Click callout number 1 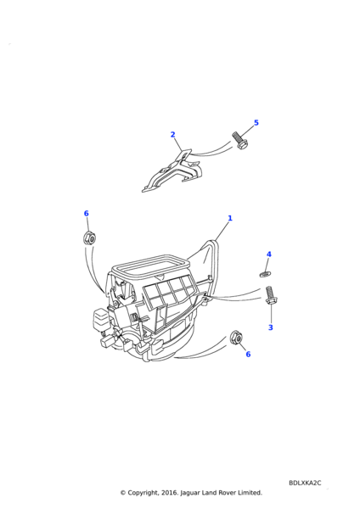click(230, 218)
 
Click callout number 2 click(173, 134)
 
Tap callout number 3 click(271, 327)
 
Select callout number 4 click(268, 255)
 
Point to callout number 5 click(256, 123)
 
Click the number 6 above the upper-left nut click(86, 213)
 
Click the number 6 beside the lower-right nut click(248, 354)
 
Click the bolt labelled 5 click(239, 141)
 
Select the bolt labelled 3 click(270, 295)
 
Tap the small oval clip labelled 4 click(265, 275)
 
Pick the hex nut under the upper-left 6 click(89, 238)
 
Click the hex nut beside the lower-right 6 click(235, 338)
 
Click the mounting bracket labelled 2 click(172, 173)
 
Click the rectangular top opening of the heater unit click(150, 264)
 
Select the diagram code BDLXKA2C click(305, 483)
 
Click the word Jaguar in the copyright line click(189, 493)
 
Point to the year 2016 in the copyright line click(170, 493)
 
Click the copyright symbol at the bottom click(123, 493)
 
